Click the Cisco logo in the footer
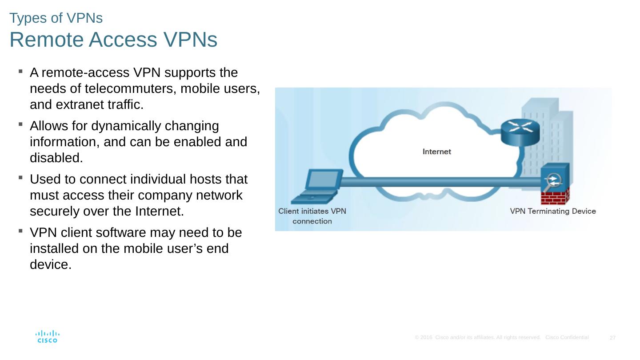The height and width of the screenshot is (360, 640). [x=47, y=336]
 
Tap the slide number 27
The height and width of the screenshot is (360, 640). [x=612, y=338]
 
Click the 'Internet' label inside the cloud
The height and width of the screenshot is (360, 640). [x=436, y=152]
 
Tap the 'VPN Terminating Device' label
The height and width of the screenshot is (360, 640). [x=553, y=211]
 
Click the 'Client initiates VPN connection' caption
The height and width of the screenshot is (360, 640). [x=312, y=216]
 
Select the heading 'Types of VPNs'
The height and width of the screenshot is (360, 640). [x=56, y=18]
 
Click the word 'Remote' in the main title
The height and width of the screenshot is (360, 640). [x=47, y=40]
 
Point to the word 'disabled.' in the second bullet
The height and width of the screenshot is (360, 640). [x=56, y=158]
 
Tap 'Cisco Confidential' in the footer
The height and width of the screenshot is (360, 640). [x=567, y=338]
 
